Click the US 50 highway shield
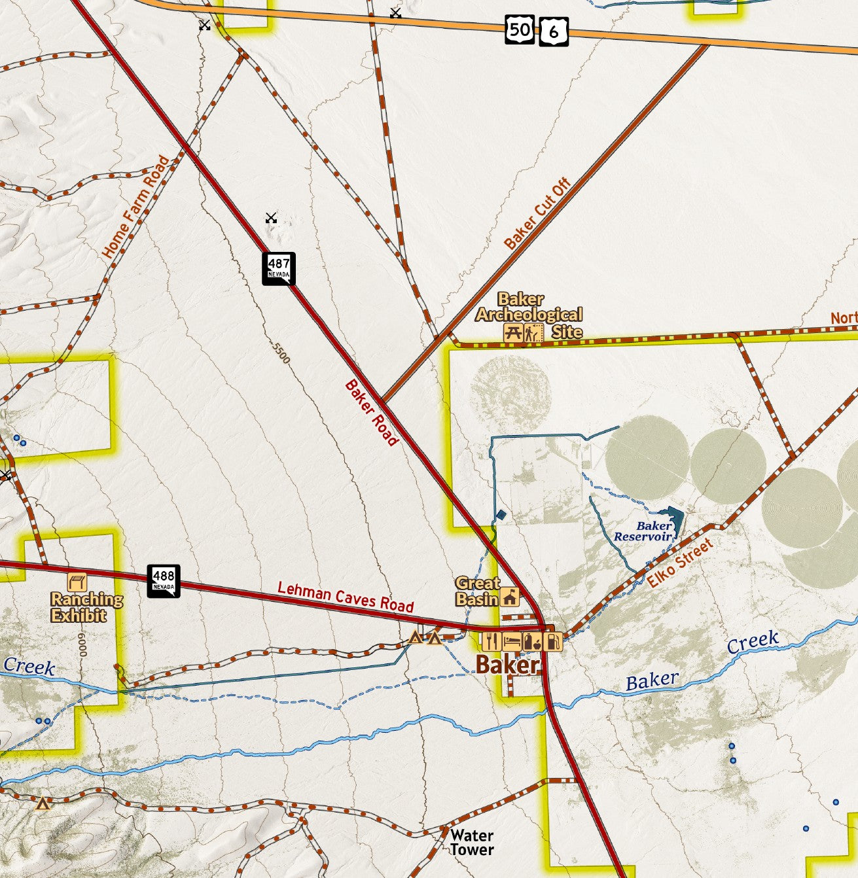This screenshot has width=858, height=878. coord(520,30)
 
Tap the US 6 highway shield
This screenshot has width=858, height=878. coord(554,32)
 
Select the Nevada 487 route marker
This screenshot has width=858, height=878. coord(279,268)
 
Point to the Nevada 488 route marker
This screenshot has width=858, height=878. coord(163,580)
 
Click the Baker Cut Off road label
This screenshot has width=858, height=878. coord(537,214)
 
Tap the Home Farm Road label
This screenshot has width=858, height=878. coord(135,207)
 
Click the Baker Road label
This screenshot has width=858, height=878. coord(371,413)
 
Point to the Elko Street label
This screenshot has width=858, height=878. coord(680,563)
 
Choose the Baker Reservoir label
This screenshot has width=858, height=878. coord(644,531)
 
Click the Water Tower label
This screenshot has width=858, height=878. coord(471,843)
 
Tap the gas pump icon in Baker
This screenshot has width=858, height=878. coord(553,641)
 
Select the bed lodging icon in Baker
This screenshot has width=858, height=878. coord(512,641)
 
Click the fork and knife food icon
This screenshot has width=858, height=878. coord(492,641)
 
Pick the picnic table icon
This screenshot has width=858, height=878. coord(514,332)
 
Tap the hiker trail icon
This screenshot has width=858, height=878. coord(533,332)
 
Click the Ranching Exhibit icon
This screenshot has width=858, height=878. coord(77,582)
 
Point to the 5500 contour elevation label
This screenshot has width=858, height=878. coord(281,353)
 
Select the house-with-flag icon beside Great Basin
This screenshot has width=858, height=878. coord(510,597)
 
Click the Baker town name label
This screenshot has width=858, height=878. coord(507,665)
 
